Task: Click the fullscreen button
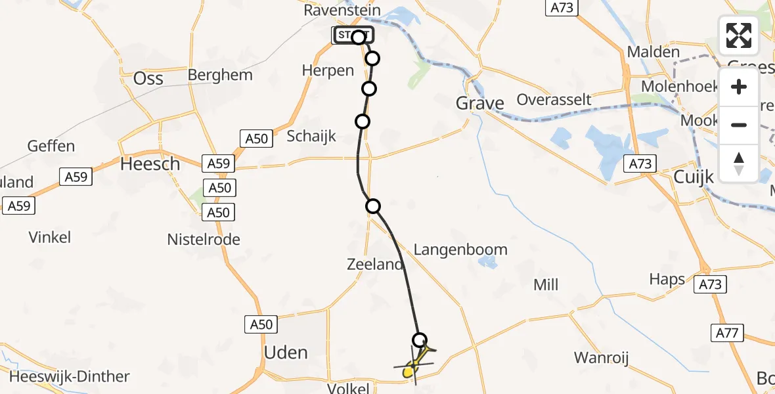click(x=739, y=35)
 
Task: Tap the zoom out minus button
click(x=739, y=125)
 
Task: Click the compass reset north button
click(x=739, y=163)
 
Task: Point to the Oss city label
click(x=148, y=78)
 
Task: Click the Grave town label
click(x=480, y=103)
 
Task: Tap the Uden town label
click(x=285, y=353)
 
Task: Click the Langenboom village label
click(x=460, y=250)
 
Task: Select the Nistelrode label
click(x=204, y=240)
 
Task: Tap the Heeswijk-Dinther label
click(x=65, y=377)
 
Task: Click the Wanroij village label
click(x=601, y=358)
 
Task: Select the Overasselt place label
click(x=554, y=100)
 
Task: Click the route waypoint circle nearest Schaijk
click(x=363, y=121)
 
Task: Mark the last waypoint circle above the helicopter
click(x=420, y=340)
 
